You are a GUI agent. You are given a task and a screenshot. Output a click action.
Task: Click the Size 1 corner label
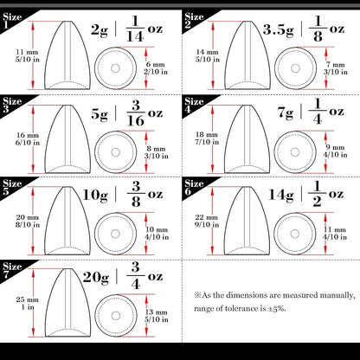click(x=12, y=10)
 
